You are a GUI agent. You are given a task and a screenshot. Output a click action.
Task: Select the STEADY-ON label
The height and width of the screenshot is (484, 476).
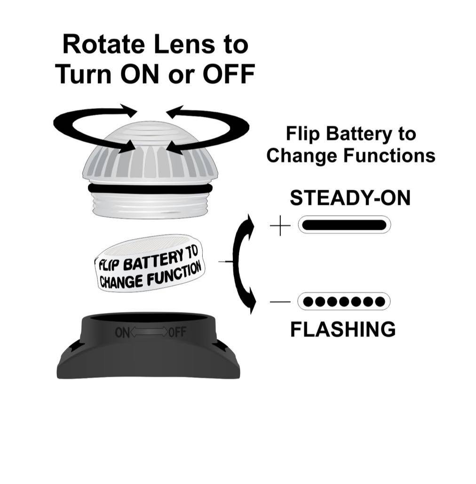350,198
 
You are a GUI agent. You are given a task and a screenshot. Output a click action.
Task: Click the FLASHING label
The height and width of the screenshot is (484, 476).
343,329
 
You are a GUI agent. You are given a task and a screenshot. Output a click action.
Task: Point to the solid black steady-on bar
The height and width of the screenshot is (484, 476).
344,225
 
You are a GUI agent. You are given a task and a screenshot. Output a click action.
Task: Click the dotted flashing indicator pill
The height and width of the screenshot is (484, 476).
344,301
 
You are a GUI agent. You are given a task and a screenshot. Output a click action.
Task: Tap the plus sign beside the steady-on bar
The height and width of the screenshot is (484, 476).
280,227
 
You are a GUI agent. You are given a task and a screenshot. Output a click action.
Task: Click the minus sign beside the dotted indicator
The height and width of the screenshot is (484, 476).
280,301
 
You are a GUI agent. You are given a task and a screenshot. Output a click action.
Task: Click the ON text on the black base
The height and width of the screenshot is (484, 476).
122,333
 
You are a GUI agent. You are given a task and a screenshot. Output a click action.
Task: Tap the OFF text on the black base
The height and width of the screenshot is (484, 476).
177,333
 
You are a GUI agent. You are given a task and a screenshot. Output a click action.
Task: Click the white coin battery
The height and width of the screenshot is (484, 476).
151,263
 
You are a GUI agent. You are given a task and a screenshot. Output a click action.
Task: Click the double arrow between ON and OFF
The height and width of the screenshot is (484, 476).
150,333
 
